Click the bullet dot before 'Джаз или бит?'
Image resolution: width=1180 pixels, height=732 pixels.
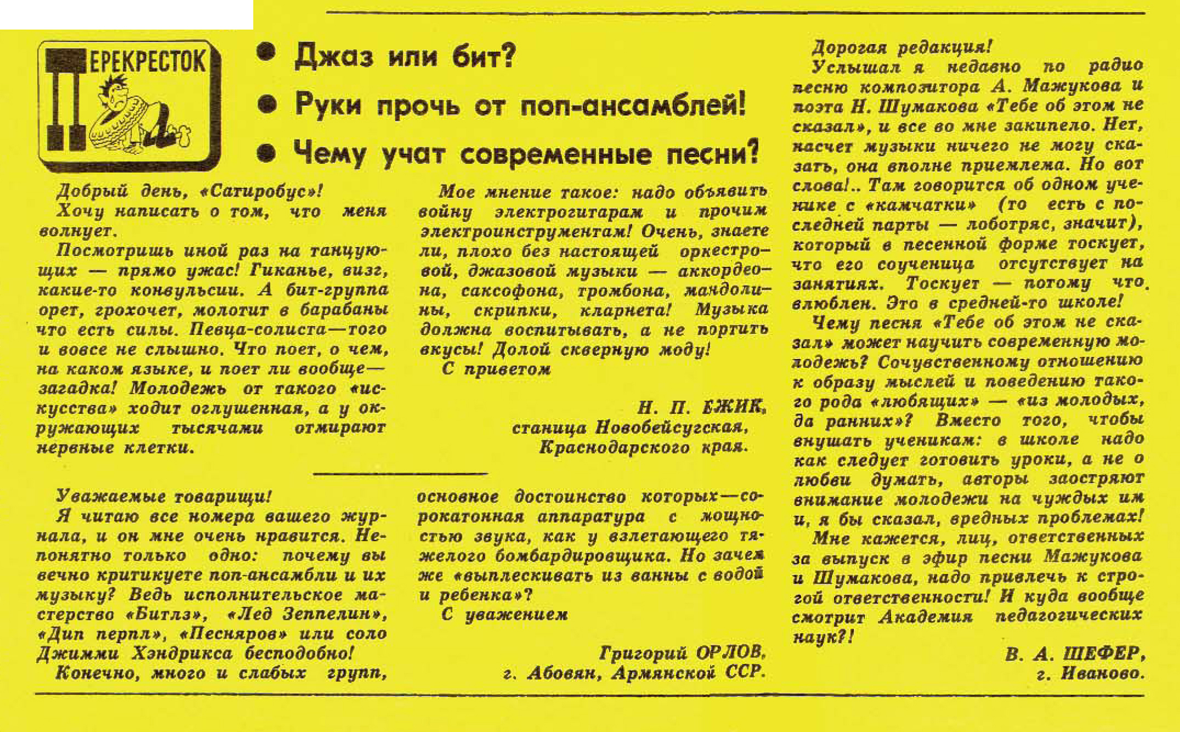[266, 53]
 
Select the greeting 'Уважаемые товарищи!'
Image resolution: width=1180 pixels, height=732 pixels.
[163, 496]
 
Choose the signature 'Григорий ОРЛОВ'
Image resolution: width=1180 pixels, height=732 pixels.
[682, 652]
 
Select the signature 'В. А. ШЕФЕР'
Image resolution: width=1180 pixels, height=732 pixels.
[1074, 654]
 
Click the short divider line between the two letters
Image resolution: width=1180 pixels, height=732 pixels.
[400, 473]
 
